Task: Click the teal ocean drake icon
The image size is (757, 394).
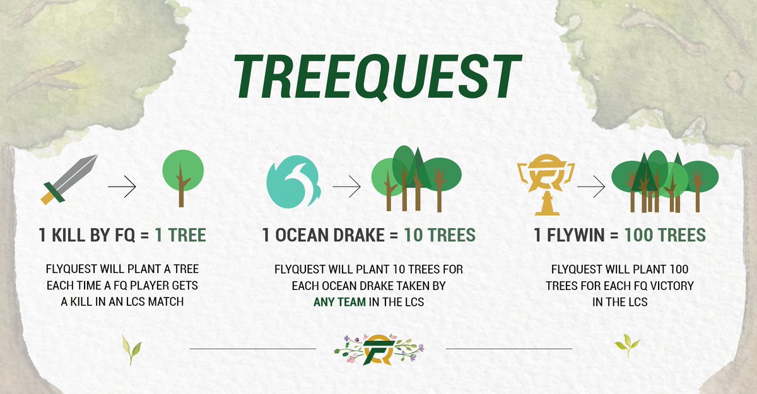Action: click(293, 182)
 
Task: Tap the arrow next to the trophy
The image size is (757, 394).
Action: click(590, 187)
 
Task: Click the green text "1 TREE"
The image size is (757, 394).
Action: click(180, 236)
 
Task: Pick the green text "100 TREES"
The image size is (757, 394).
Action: click(665, 236)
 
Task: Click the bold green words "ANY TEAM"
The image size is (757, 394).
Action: click(340, 302)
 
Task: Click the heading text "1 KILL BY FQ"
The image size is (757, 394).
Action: click(86, 236)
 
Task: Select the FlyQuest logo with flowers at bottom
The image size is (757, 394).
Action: click(379, 349)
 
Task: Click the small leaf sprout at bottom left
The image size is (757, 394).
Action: click(131, 349)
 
